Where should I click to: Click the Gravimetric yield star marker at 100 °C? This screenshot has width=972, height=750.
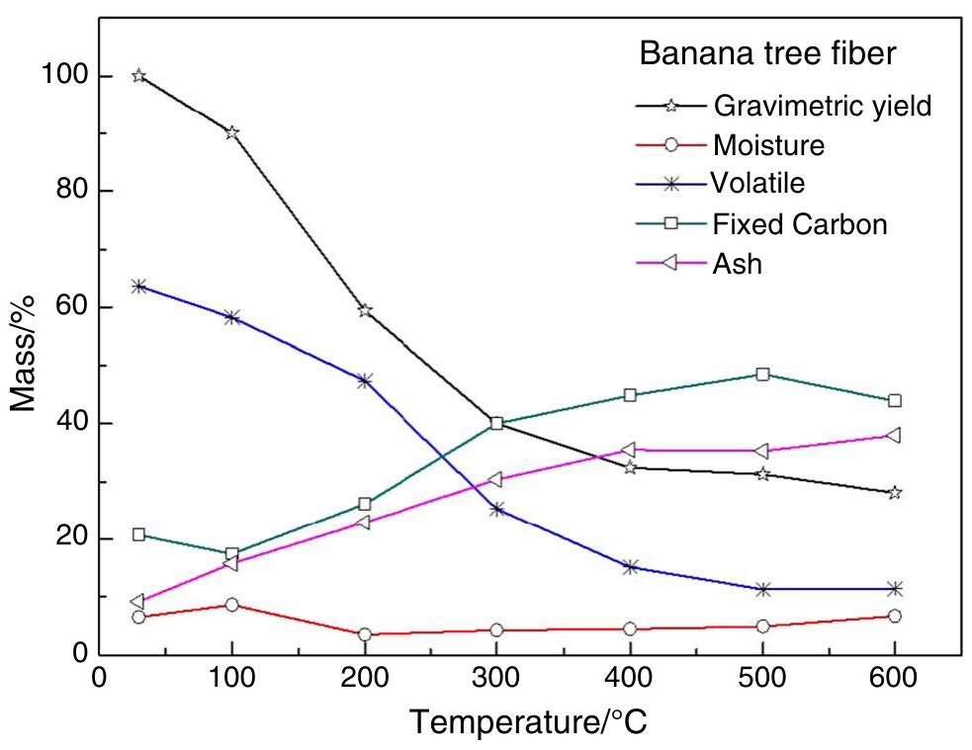tap(231, 132)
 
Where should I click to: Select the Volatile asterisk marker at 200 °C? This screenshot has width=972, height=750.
tap(365, 380)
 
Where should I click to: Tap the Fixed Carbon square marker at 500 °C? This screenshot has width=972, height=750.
tap(762, 375)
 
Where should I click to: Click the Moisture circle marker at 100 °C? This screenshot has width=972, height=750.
tap(231, 605)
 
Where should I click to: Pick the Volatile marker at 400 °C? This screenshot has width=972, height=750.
tap(630, 567)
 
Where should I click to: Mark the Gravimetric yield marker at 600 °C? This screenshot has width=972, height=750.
tap(894, 492)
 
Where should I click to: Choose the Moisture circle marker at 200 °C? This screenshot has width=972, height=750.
tap(365, 634)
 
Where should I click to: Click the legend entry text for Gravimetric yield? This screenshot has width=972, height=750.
tap(822, 106)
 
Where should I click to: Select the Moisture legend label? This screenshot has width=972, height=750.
tap(768, 145)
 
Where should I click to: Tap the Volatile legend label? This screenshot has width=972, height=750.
tap(757, 184)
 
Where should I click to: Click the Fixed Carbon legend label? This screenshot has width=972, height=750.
tap(799, 224)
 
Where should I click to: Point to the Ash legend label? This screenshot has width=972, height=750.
tap(738, 264)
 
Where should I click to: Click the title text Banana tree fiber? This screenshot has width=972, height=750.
tap(767, 53)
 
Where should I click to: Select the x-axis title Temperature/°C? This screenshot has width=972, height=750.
tap(529, 721)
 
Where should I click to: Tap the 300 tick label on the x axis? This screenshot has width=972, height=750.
tap(496, 681)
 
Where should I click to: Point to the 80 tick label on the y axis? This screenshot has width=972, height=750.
tap(61, 191)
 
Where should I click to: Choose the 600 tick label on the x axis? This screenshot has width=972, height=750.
tap(894, 681)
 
